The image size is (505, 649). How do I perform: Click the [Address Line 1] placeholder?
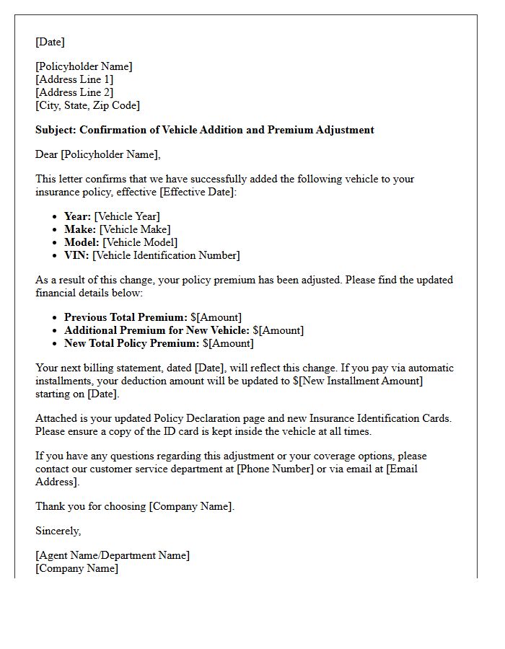tap(74, 79)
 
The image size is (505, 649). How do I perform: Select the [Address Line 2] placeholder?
tap(74, 92)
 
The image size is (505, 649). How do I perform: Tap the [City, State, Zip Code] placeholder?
tap(87, 105)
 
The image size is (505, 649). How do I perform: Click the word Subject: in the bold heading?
tap(56, 130)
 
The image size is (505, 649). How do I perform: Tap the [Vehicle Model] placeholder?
tap(139, 242)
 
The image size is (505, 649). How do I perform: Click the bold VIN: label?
tap(76, 255)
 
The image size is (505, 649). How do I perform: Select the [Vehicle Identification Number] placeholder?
tap(166, 255)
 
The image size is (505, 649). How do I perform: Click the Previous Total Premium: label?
tap(126, 317)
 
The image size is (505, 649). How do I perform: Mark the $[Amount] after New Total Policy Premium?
tap(228, 343)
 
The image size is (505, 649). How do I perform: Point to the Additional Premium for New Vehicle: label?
tap(158, 330)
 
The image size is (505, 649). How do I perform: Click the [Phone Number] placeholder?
tap(274, 469)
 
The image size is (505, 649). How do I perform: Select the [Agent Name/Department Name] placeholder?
tap(113, 555)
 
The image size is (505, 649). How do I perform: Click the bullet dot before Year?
tap(56, 217)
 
